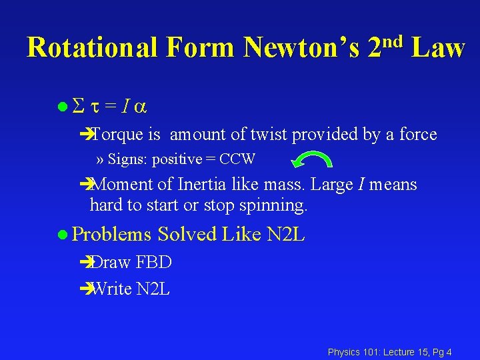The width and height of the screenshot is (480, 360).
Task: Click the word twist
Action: click(x=269, y=135)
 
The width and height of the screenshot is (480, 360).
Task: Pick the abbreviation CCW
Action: click(x=237, y=159)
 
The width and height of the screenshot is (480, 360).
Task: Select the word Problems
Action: click(x=112, y=234)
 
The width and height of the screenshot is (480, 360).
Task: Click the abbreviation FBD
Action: click(x=153, y=263)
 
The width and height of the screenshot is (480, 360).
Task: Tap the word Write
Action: click(x=110, y=289)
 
